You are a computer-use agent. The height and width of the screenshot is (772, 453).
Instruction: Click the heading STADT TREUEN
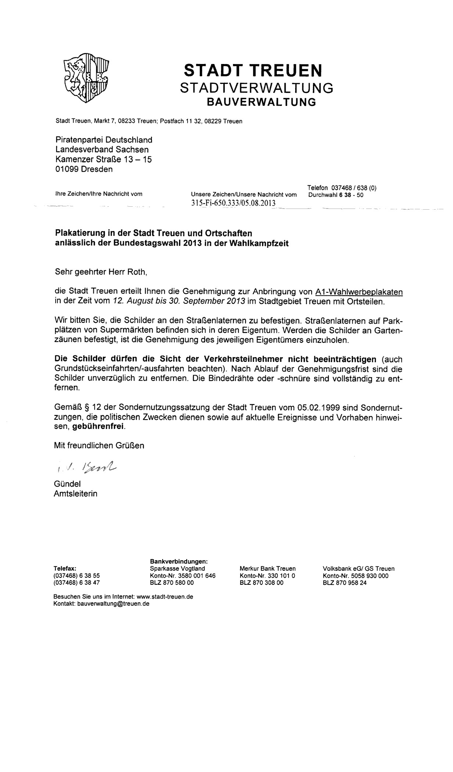point(253,70)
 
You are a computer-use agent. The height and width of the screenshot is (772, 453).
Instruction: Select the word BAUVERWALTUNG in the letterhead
point(261,102)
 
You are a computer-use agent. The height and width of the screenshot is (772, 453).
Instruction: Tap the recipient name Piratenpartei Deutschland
point(104,140)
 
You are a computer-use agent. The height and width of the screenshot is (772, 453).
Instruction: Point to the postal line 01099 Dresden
point(84,169)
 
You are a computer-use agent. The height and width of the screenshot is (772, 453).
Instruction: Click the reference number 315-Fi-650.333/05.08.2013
point(233,203)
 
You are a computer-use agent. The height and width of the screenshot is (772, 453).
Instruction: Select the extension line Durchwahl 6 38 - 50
point(336,195)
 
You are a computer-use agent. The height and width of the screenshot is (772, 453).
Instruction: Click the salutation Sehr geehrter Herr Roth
point(101,272)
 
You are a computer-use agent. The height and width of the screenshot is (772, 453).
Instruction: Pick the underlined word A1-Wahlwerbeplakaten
point(359,292)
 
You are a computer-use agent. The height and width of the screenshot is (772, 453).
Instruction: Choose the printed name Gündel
point(67,484)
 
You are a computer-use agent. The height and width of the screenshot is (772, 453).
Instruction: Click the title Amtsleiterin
point(76,494)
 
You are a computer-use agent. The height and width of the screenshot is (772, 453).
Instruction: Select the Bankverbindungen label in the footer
point(179,561)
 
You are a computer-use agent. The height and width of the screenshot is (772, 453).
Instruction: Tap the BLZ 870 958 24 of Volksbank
point(345,583)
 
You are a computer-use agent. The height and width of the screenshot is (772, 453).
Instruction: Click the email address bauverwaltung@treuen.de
point(113,604)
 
